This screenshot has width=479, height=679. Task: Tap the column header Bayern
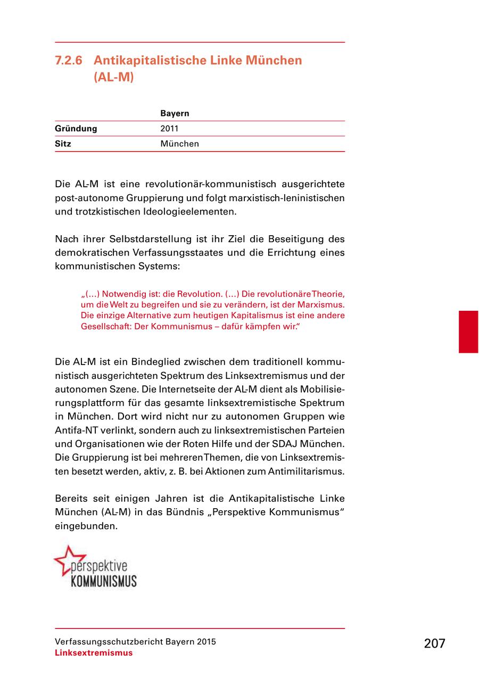pyautogui.click(x=175, y=113)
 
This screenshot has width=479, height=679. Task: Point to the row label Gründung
pyautogui.click(x=76, y=128)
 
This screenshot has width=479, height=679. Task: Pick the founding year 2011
pyautogui.click(x=169, y=128)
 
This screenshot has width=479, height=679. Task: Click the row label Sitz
pyautogui.click(x=63, y=144)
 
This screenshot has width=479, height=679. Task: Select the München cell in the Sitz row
pyautogui.click(x=179, y=144)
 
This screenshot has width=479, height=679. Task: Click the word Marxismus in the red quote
pyautogui.click(x=321, y=304)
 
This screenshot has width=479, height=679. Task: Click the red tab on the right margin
pyautogui.click(x=468, y=332)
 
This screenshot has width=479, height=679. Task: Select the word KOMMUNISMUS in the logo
pyautogui.click(x=104, y=581)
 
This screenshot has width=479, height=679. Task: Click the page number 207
pyautogui.click(x=434, y=643)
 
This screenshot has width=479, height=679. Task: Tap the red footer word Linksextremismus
pyautogui.click(x=94, y=653)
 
